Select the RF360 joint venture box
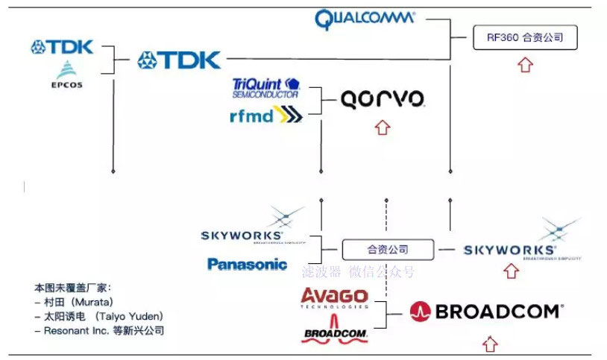click(525, 37)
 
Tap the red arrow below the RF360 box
click(525, 65)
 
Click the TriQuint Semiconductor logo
click(265, 87)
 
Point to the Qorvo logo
click(383, 99)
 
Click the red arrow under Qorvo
click(383, 127)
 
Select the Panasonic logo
click(247, 264)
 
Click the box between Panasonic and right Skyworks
click(387, 250)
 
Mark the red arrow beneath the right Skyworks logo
click(511, 271)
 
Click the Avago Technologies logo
click(334, 297)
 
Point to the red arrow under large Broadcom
click(489, 344)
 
